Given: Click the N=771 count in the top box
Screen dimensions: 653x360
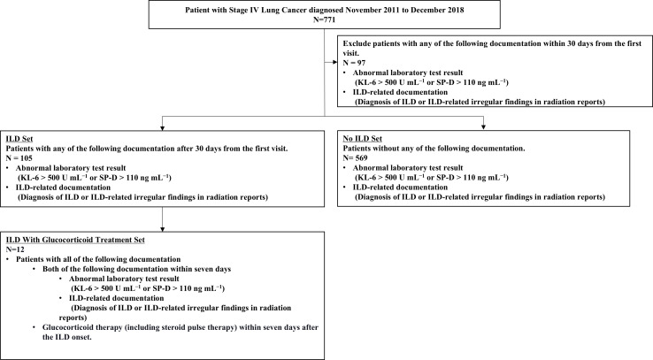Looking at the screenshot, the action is [x=325, y=19].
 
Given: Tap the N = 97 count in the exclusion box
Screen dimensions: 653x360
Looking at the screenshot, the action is [x=354, y=63].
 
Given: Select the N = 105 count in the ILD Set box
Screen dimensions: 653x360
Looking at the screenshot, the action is [x=19, y=158].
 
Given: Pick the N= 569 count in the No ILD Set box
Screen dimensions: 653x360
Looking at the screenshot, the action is [x=355, y=158].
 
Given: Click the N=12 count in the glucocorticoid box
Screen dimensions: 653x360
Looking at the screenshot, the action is [x=15, y=249].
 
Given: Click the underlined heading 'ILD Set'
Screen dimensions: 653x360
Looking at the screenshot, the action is [x=19, y=139].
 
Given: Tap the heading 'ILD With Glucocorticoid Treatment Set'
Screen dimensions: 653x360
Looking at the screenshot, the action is [x=75, y=240].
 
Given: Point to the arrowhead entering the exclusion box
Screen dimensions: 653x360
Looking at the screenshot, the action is [x=334, y=63].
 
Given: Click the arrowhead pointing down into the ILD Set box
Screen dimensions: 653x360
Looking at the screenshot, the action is [x=163, y=127].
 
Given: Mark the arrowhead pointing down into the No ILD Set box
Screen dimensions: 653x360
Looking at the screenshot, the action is [x=483, y=127].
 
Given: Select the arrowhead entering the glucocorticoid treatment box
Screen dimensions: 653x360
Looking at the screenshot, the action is [x=163, y=229].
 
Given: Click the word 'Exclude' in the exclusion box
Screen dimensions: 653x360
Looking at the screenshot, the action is [x=357, y=43].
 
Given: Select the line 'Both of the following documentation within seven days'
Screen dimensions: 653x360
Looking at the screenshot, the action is [x=136, y=269].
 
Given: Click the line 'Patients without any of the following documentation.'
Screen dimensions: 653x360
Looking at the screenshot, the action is [x=434, y=149].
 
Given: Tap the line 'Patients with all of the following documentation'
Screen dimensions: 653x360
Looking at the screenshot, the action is [x=98, y=259].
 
